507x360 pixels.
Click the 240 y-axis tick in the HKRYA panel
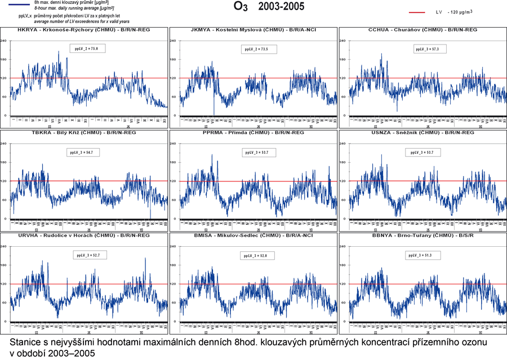(4, 41)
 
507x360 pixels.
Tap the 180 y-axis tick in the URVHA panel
(4, 265)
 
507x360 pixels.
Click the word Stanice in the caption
(26, 342)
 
